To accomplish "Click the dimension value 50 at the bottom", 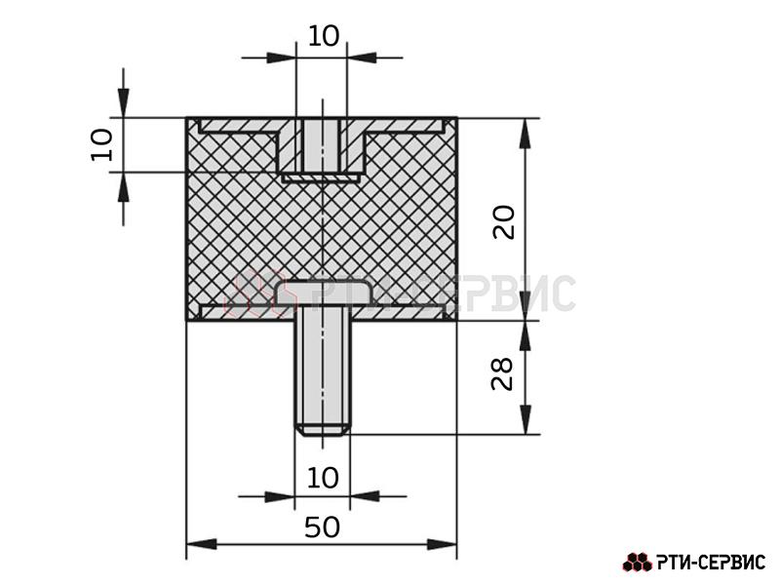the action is [x=322, y=527].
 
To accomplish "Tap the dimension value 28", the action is [x=502, y=373].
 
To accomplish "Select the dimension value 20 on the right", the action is [x=504, y=222].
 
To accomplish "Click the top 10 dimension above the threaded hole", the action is [x=324, y=36].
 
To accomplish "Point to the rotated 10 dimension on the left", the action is [x=101, y=144].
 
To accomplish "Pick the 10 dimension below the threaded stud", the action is [x=323, y=478].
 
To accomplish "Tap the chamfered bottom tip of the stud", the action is [x=323, y=430].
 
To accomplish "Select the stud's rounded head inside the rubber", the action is [x=324, y=293].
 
